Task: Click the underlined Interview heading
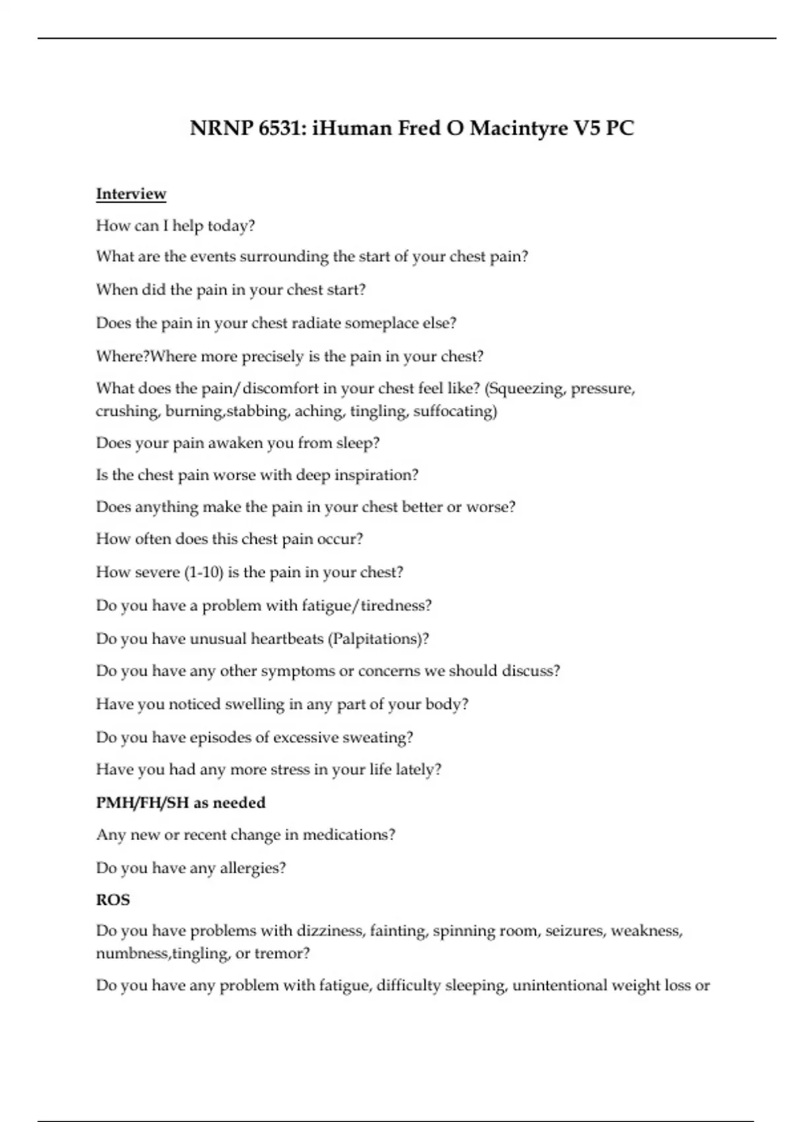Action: pyautogui.click(x=131, y=194)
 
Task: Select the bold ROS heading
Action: pyautogui.click(x=113, y=900)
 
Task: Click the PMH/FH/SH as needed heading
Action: pyautogui.click(x=181, y=803)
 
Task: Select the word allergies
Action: pyautogui.click(x=253, y=868)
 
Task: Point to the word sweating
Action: pyautogui.click(x=378, y=737)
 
